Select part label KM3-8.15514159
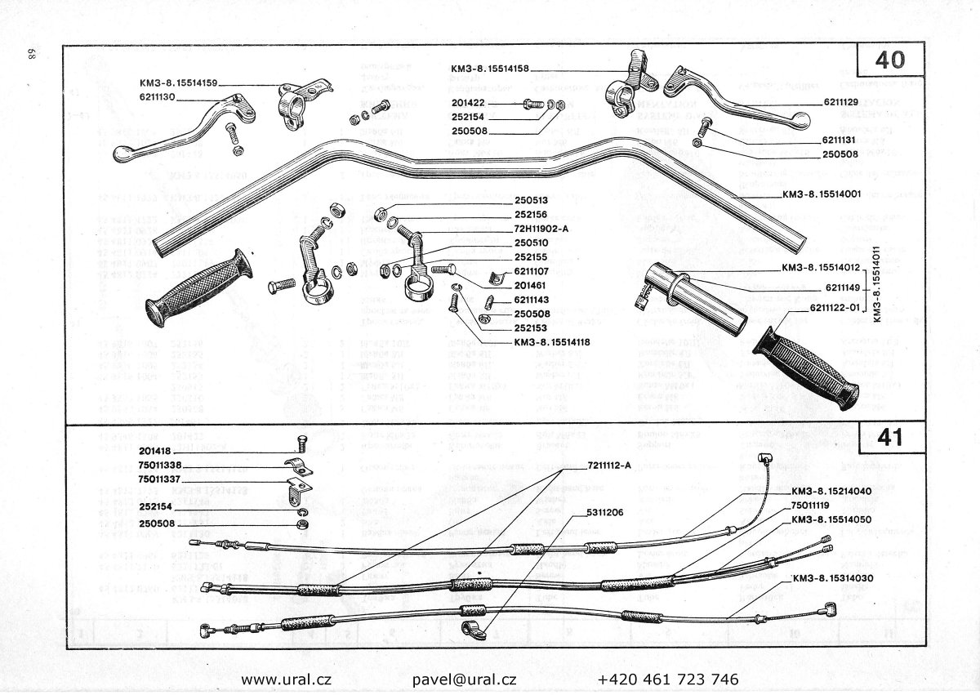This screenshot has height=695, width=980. (x=179, y=82)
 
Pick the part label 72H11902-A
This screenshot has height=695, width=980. (x=543, y=229)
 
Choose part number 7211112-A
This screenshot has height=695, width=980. (x=609, y=466)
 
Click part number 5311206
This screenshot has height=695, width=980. (x=604, y=513)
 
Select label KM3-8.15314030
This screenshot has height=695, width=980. (x=833, y=579)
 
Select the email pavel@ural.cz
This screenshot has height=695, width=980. (x=465, y=679)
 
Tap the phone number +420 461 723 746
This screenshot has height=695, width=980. (x=668, y=679)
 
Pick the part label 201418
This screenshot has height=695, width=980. (x=155, y=451)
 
